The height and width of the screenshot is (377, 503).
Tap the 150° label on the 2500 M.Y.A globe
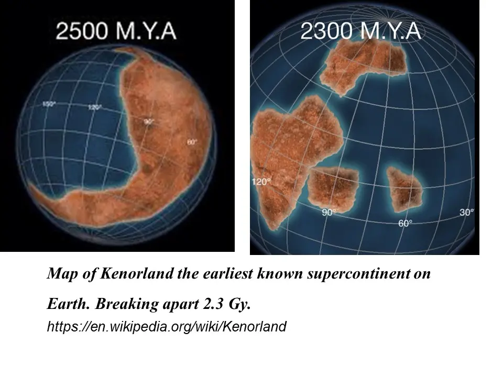click(49, 104)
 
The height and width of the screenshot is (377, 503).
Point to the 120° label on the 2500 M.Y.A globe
click(95, 107)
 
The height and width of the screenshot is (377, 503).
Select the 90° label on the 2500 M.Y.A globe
click(149, 121)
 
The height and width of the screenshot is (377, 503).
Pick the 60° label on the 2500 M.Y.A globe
click(191, 142)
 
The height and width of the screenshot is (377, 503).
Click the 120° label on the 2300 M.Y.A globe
click(262, 181)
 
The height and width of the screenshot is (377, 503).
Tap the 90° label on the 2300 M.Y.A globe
click(329, 213)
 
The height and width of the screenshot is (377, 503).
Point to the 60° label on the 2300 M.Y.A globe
click(406, 223)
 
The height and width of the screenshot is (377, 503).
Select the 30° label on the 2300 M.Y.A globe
click(466, 212)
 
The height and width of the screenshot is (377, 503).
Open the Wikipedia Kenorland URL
click(167, 327)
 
